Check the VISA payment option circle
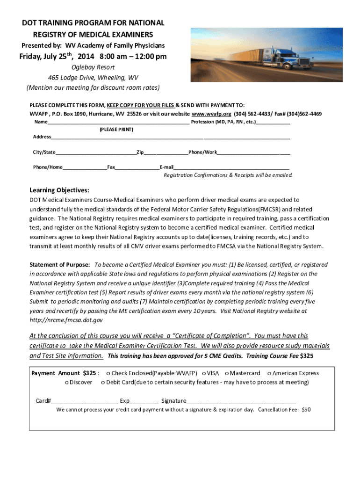pos(204,373)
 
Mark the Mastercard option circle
pos(227,373)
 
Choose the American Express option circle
pos(269,373)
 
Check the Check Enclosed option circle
pos(108,373)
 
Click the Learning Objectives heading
pos(59,190)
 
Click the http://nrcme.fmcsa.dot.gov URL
pos(66,320)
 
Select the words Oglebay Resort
pos(93,67)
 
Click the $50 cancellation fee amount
pos(306,410)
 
